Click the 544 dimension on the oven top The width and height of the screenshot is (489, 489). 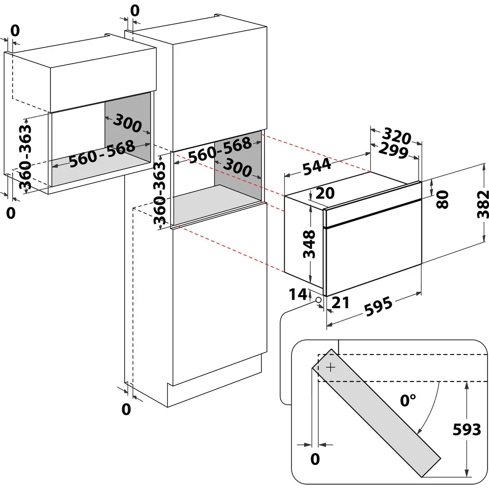tap(317, 168)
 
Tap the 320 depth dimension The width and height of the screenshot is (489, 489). tap(397, 135)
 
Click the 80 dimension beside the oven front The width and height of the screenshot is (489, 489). tap(442, 200)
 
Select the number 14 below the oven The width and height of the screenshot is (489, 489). tap(298, 294)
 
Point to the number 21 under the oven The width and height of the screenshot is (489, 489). tap(340, 303)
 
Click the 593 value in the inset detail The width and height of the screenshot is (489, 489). tap(467, 430)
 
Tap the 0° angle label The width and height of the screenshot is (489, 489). tap(408, 401)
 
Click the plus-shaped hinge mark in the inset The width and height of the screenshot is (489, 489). tap(331, 367)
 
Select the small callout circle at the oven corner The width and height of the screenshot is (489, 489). tap(318, 299)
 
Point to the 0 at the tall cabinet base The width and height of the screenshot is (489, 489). tap(126, 409)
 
